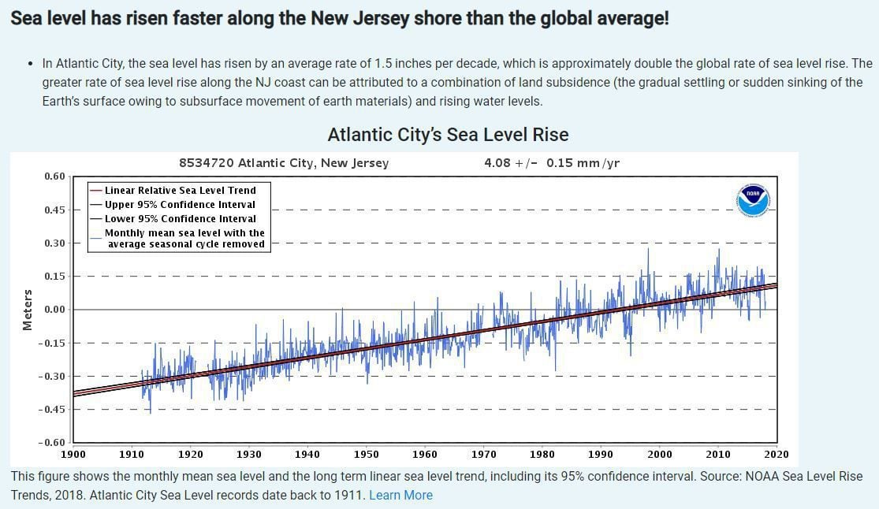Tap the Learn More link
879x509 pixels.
[x=400, y=495]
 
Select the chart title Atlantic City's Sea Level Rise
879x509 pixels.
[x=448, y=135]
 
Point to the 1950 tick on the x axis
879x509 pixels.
[x=366, y=454]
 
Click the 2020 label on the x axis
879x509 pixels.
[x=777, y=454]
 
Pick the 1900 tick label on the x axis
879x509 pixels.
[x=73, y=454]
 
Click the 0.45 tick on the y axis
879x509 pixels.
[x=54, y=210]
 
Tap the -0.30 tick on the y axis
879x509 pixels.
[x=53, y=376]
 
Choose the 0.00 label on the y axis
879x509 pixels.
[x=54, y=310]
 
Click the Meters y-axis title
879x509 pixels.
[x=28, y=310]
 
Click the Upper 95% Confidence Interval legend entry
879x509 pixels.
[x=181, y=204]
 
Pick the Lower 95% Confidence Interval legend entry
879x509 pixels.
[x=181, y=218]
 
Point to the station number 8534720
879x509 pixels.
[x=207, y=163]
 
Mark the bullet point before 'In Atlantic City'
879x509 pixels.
[x=30, y=64]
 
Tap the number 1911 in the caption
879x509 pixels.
[x=349, y=495]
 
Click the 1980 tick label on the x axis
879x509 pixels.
[x=542, y=454]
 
